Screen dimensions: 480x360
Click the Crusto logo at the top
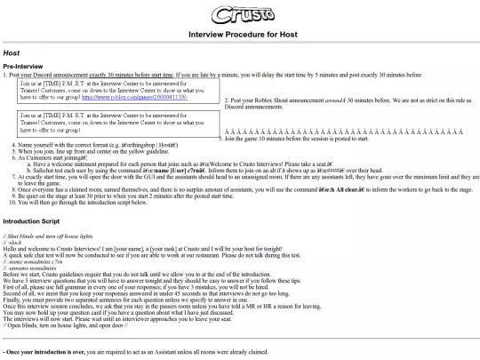239,14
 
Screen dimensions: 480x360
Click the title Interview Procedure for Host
239,35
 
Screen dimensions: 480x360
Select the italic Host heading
12,53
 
